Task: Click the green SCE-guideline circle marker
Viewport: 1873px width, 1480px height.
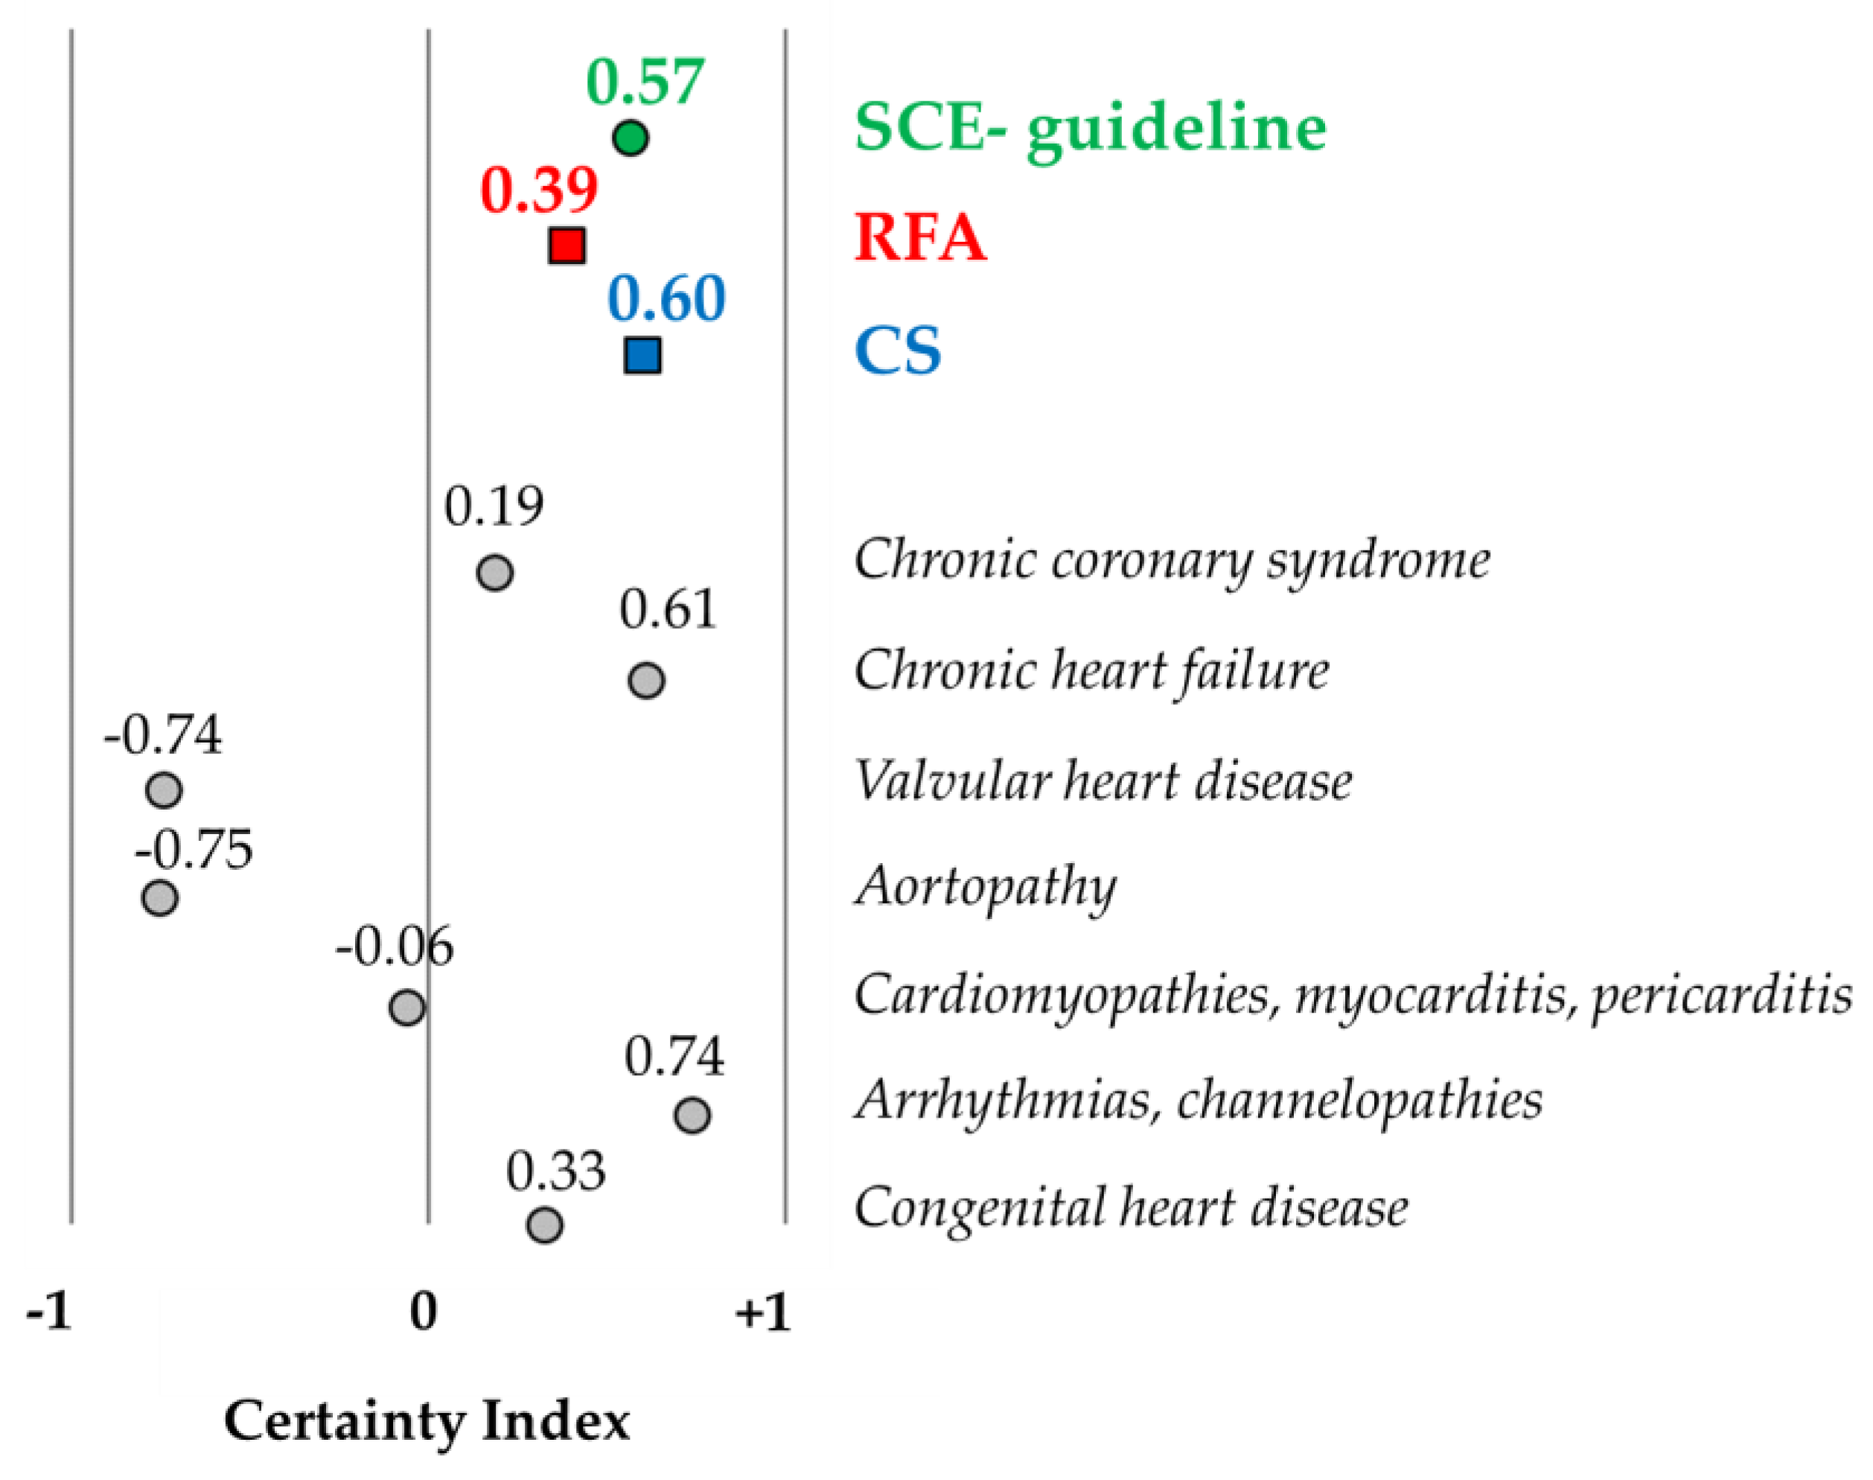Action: click(x=630, y=138)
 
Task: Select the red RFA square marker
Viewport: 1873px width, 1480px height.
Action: click(x=567, y=246)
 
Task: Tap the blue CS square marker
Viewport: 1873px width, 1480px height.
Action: click(x=642, y=354)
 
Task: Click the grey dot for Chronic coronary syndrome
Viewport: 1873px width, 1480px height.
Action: click(x=495, y=573)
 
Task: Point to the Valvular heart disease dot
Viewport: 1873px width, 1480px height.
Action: click(x=164, y=790)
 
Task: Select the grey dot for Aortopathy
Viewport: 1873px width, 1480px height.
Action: click(x=159, y=897)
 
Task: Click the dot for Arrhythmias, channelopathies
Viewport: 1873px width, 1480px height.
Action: click(x=692, y=1115)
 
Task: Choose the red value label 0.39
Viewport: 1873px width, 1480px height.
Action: click(x=539, y=190)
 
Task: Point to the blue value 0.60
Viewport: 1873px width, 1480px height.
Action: click(x=666, y=298)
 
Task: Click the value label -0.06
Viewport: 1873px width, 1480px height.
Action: click(x=395, y=946)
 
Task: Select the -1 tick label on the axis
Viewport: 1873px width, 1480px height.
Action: click(x=48, y=1313)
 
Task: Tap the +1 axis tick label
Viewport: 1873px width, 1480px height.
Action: click(x=763, y=1313)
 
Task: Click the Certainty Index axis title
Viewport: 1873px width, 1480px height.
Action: click(x=427, y=1422)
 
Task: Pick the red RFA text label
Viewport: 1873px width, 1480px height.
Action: click(x=919, y=237)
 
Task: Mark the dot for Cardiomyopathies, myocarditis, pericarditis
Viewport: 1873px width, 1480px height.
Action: click(x=407, y=1008)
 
